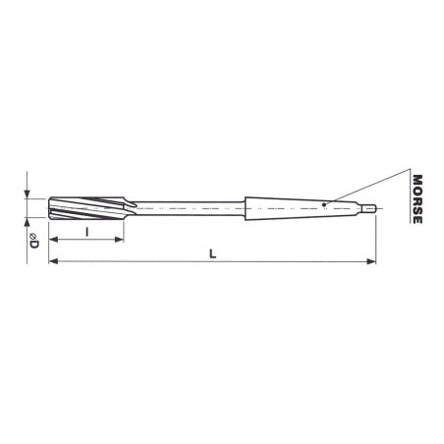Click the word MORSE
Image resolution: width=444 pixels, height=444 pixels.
417,199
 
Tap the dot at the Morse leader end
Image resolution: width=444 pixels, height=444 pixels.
324,204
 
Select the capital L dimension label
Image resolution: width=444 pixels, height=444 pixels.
213,253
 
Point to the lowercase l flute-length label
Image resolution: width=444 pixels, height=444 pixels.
86,232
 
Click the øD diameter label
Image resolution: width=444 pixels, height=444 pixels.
34,241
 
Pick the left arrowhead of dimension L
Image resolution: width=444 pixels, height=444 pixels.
53,261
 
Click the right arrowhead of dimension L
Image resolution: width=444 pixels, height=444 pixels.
371,261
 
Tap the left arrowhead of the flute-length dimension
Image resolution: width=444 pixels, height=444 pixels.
53,240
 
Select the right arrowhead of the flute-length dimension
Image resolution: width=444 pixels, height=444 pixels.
119,240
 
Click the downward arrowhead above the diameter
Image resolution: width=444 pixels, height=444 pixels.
27,194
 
